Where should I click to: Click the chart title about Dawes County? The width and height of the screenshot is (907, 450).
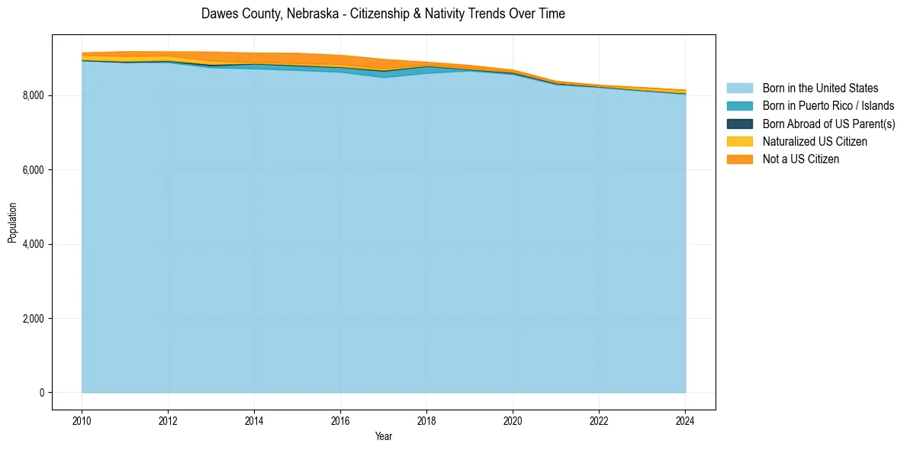click(x=383, y=14)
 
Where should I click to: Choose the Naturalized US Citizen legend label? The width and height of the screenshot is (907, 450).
click(x=815, y=142)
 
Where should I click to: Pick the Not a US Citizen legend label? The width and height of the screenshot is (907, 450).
click(x=800, y=159)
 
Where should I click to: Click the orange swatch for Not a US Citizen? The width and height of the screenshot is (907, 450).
click(x=739, y=159)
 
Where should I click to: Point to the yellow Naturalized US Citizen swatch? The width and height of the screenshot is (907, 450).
click(x=739, y=142)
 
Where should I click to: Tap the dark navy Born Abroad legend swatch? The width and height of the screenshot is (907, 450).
click(x=739, y=124)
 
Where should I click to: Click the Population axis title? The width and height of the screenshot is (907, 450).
click(x=12, y=223)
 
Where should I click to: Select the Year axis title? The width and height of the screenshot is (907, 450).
click(x=384, y=436)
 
